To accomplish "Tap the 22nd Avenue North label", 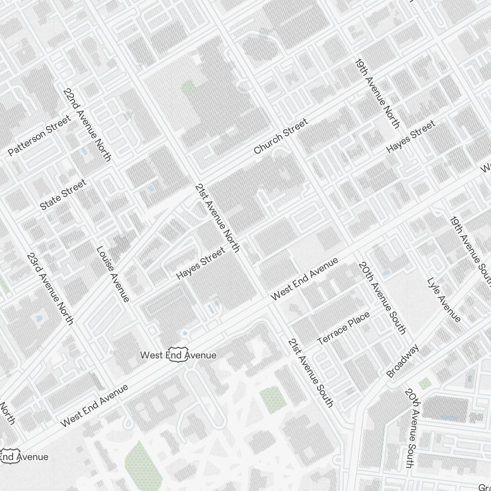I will (x=87, y=125).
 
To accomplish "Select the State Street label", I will (x=63, y=195).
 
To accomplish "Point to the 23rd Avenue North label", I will (x=50, y=289).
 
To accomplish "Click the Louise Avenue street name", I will (x=113, y=274).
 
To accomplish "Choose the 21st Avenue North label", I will (x=217, y=218).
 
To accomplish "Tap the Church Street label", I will (x=281, y=136).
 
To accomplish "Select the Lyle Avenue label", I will (x=444, y=300).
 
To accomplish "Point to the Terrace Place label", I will (x=344, y=328).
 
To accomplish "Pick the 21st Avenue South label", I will (x=310, y=373).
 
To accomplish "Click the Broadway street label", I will (x=403, y=361).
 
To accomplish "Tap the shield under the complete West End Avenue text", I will (x=178, y=355).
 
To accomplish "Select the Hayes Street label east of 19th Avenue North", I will (x=411, y=136).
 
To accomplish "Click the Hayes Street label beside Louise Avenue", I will (x=201, y=264).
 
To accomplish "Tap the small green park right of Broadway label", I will (x=425, y=383).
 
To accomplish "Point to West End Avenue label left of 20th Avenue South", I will (x=304, y=278).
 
